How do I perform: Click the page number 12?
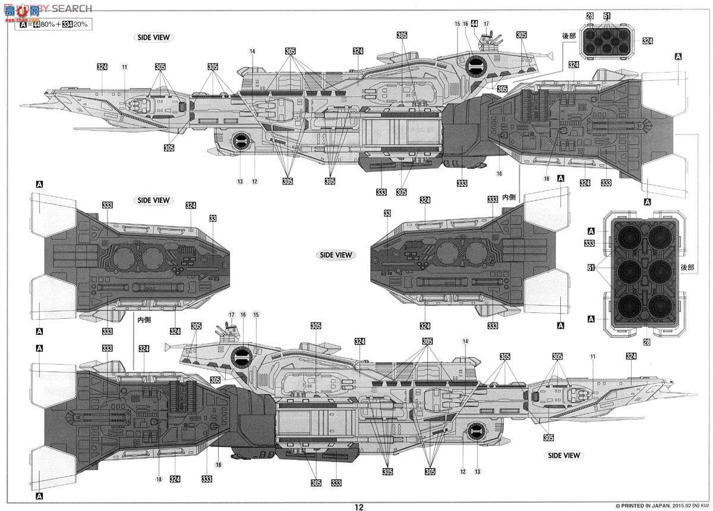click(x=358, y=507)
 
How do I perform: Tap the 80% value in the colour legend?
click(x=46, y=24)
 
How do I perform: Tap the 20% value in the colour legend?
click(x=81, y=24)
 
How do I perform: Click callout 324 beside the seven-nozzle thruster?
click(x=647, y=41)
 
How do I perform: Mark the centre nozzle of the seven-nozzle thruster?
click(x=607, y=40)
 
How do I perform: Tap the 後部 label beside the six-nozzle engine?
click(x=688, y=268)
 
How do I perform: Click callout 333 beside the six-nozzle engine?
click(x=589, y=243)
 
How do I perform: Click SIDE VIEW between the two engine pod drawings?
click(x=336, y=255)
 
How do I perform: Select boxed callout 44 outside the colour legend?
click(x=474, y=24)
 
